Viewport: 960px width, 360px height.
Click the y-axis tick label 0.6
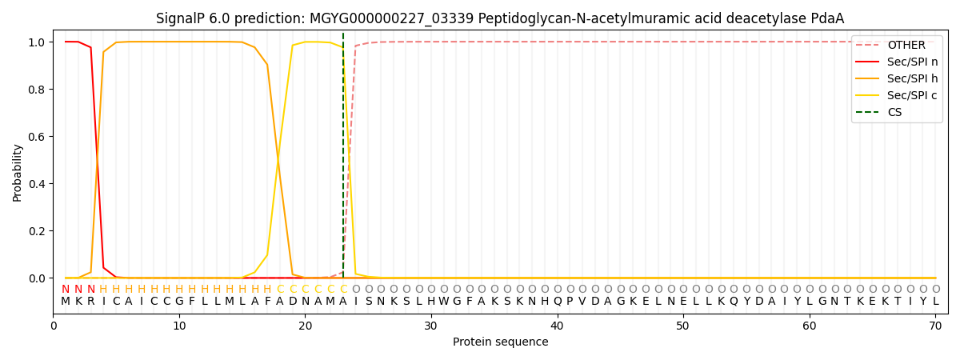point(37,137)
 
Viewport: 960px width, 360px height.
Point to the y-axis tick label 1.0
point(37,42)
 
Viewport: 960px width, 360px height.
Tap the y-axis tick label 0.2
point(37,231)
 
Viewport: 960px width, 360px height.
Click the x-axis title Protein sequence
point(501,342)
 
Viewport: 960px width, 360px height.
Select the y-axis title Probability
point(18,172)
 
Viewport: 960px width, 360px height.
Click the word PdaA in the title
point(827,18)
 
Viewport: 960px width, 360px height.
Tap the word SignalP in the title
point(181,18)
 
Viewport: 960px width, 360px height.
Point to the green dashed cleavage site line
point(343,160)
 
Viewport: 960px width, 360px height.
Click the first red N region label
point(66,289)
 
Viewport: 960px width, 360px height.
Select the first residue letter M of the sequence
point(66,302)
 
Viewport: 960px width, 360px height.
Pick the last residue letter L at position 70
point(935,302)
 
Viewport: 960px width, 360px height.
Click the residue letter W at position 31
point(444,302)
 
